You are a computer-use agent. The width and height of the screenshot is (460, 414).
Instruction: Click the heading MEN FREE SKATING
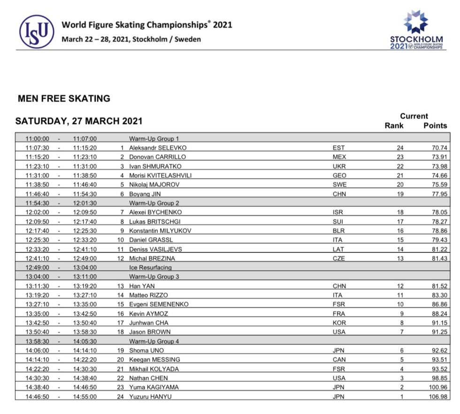pyautogui.click(x=64, y=99)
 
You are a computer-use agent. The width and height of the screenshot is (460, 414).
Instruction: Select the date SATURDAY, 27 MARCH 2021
pyautogui.click(x=79, y=121)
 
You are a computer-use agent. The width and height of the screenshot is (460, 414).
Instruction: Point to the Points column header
pyautogui.click(x=435, y=125)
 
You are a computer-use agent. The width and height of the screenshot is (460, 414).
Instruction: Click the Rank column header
pyautogui.click(x=394, y=125)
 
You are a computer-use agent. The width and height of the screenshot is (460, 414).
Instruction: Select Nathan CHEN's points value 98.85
pyautogui.click(x=439, y=378)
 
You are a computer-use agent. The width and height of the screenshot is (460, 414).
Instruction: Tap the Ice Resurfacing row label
pyautogui.click(x=151, y=267)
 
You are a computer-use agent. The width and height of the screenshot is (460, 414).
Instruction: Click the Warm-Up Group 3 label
pyautogui.click(x=154, y=277)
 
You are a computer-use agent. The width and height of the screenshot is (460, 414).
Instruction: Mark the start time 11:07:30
pyautogui.click(x=37, y=148)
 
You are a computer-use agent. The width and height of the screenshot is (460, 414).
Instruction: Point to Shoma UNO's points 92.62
pyautogui.click(x=439, y=350)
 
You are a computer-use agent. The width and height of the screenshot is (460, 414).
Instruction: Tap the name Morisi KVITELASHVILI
pyautogui.click(x=160, y=175)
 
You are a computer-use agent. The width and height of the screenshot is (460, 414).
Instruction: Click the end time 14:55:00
pyautogui.click(x=84, y=396)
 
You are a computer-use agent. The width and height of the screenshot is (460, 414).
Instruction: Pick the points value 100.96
pyautogui.click(x=437, y=387)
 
